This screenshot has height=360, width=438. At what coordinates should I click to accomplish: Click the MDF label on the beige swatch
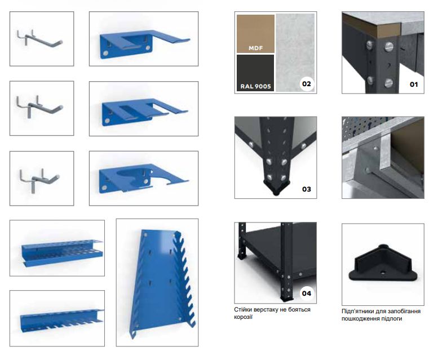[x=255, y=48]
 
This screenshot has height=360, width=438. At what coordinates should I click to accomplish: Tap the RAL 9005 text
[x=255, y=86]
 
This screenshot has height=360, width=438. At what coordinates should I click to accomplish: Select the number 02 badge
[x=307, y=84]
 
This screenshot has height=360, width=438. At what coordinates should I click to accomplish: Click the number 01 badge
[x=414, y=85]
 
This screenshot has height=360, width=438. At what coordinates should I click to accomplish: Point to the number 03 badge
[x=307, y=189]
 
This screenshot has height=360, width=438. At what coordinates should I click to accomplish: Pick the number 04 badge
[x=307, y=294]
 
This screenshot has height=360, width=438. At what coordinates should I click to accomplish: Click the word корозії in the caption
[x=244, y=317]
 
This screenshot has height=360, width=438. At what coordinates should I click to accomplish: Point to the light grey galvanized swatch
[x=295, y=52]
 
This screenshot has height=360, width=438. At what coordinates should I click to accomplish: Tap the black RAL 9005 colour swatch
[x=255, y=73]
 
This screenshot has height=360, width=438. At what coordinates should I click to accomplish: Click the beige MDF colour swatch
[x=255, y=33]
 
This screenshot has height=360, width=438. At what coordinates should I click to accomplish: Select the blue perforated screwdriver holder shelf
[x=62, y=252]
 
